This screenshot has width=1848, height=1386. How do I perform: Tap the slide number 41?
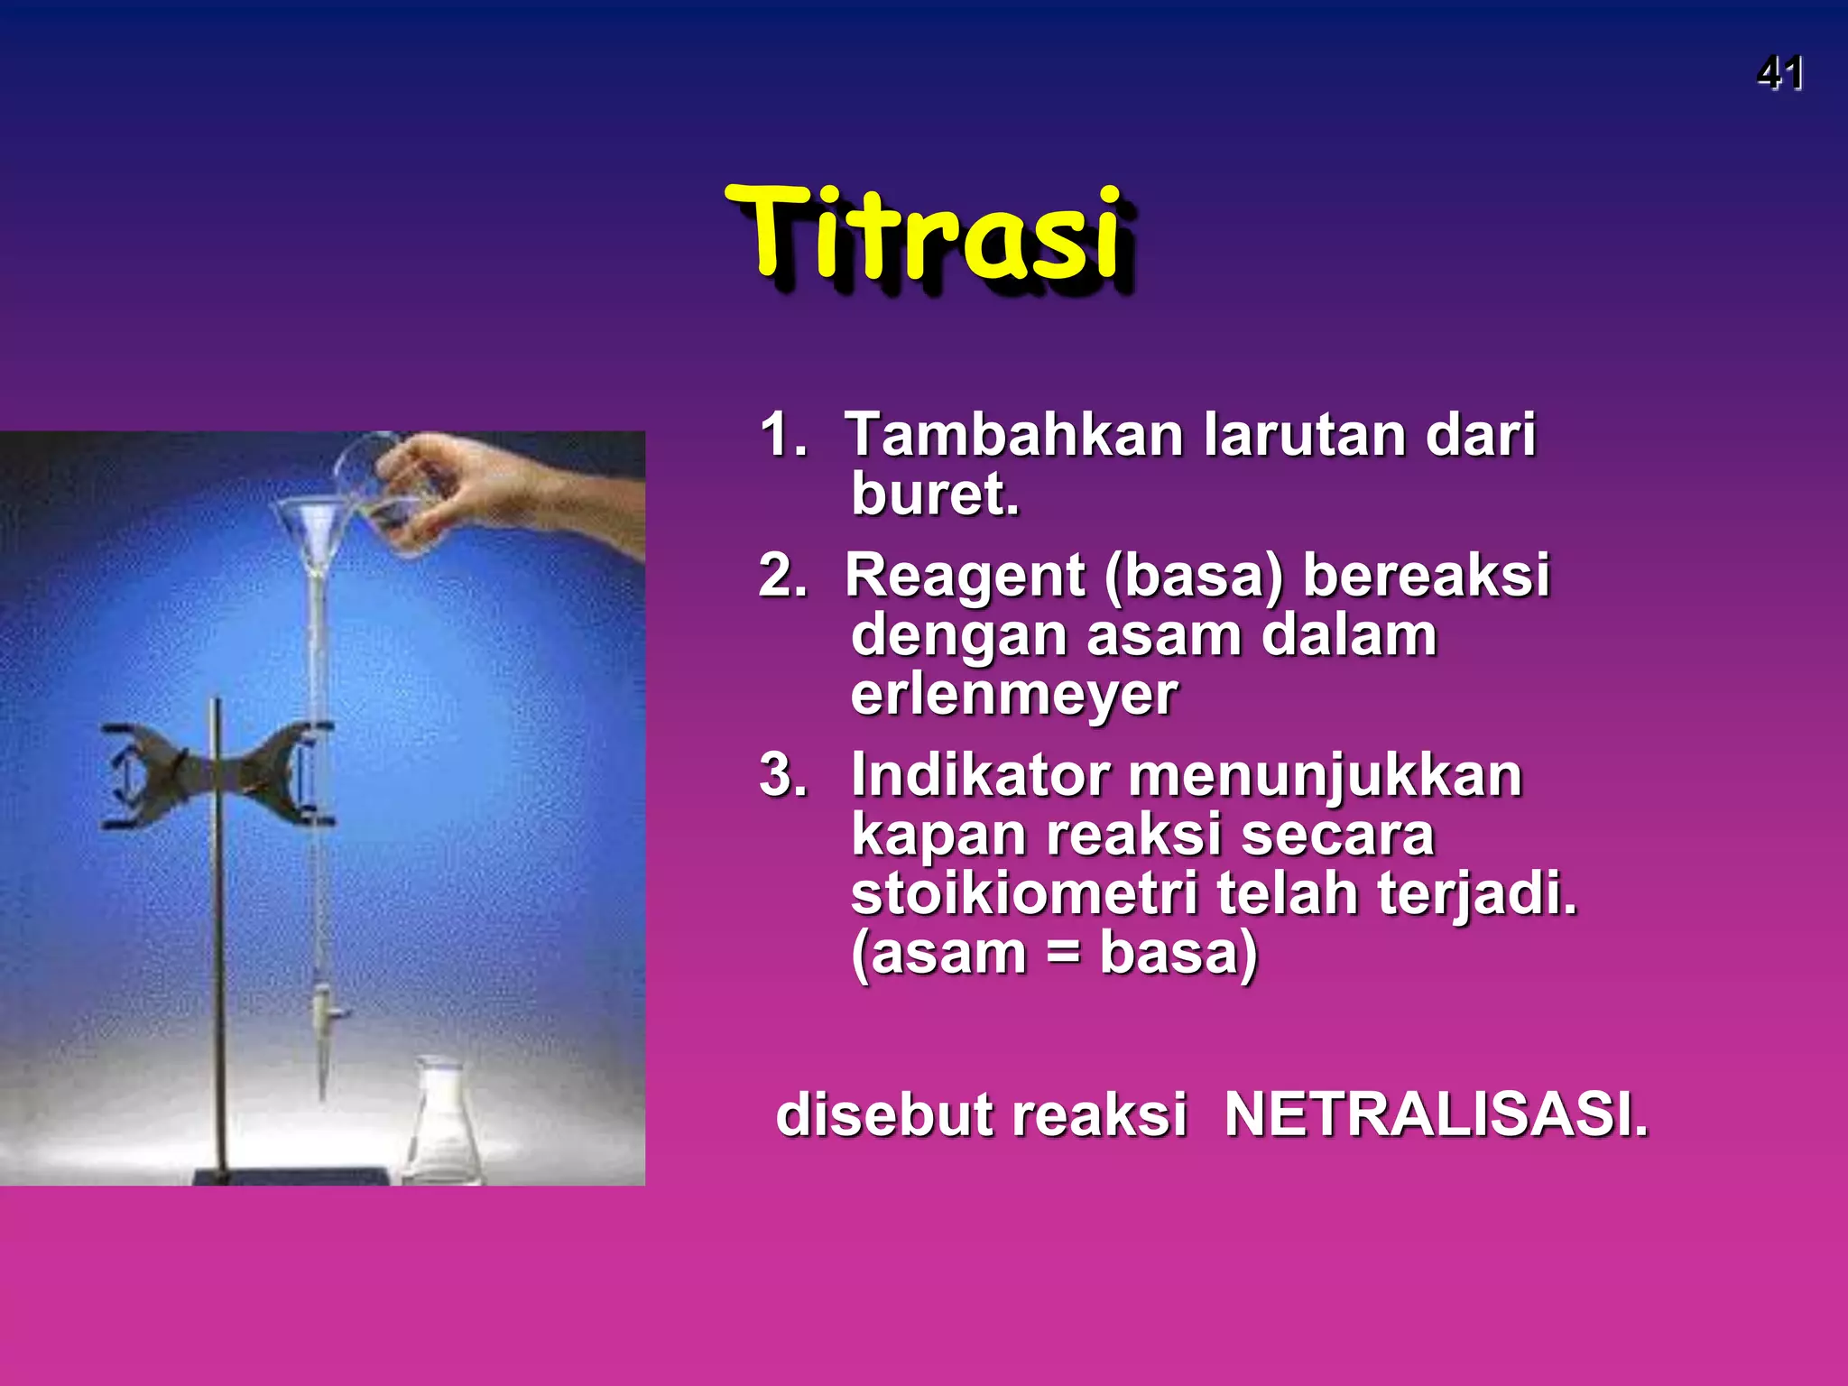click(x=1779, y=74)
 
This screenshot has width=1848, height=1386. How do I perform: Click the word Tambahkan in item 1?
click(x=1013, y=436)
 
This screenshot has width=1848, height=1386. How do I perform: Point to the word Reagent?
click(x=966, y=577)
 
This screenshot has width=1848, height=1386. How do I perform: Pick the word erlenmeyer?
click(x=1013, y=695)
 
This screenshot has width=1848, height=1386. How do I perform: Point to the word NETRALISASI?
click(x=1435, y=1115)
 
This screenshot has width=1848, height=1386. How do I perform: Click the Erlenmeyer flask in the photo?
click(x=444, y=1128)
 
